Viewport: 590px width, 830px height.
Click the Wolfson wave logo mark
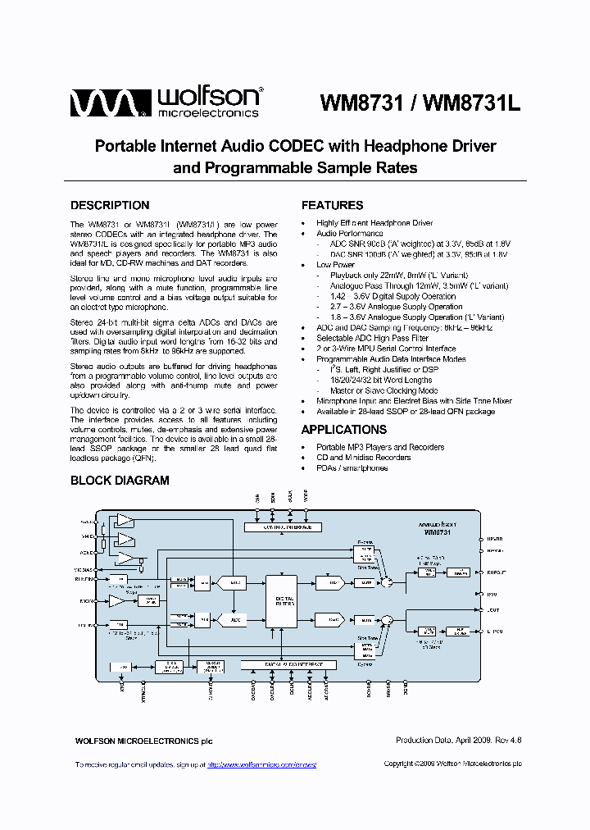[107, 103]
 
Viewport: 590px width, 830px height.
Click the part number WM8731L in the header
[474, 103]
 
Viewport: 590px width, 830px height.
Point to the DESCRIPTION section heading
[110, 205]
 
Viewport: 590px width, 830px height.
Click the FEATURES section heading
[332, 205]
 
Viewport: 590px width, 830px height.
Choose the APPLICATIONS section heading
[343, 430]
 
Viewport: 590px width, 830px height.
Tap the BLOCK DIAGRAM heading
[120, 481]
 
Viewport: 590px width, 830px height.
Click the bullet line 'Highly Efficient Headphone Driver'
[374, 223]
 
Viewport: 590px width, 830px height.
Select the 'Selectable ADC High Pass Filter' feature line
[372, 338]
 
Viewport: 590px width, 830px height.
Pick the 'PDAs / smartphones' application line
[352, 467]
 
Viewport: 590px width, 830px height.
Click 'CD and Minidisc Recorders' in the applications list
[363, 458]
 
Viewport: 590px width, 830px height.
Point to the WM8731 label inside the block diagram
[437, 532]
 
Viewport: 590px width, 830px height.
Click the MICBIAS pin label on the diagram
[85, 568]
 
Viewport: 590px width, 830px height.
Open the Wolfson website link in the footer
[261, 764]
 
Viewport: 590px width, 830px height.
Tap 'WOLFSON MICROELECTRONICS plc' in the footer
[143, 741]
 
